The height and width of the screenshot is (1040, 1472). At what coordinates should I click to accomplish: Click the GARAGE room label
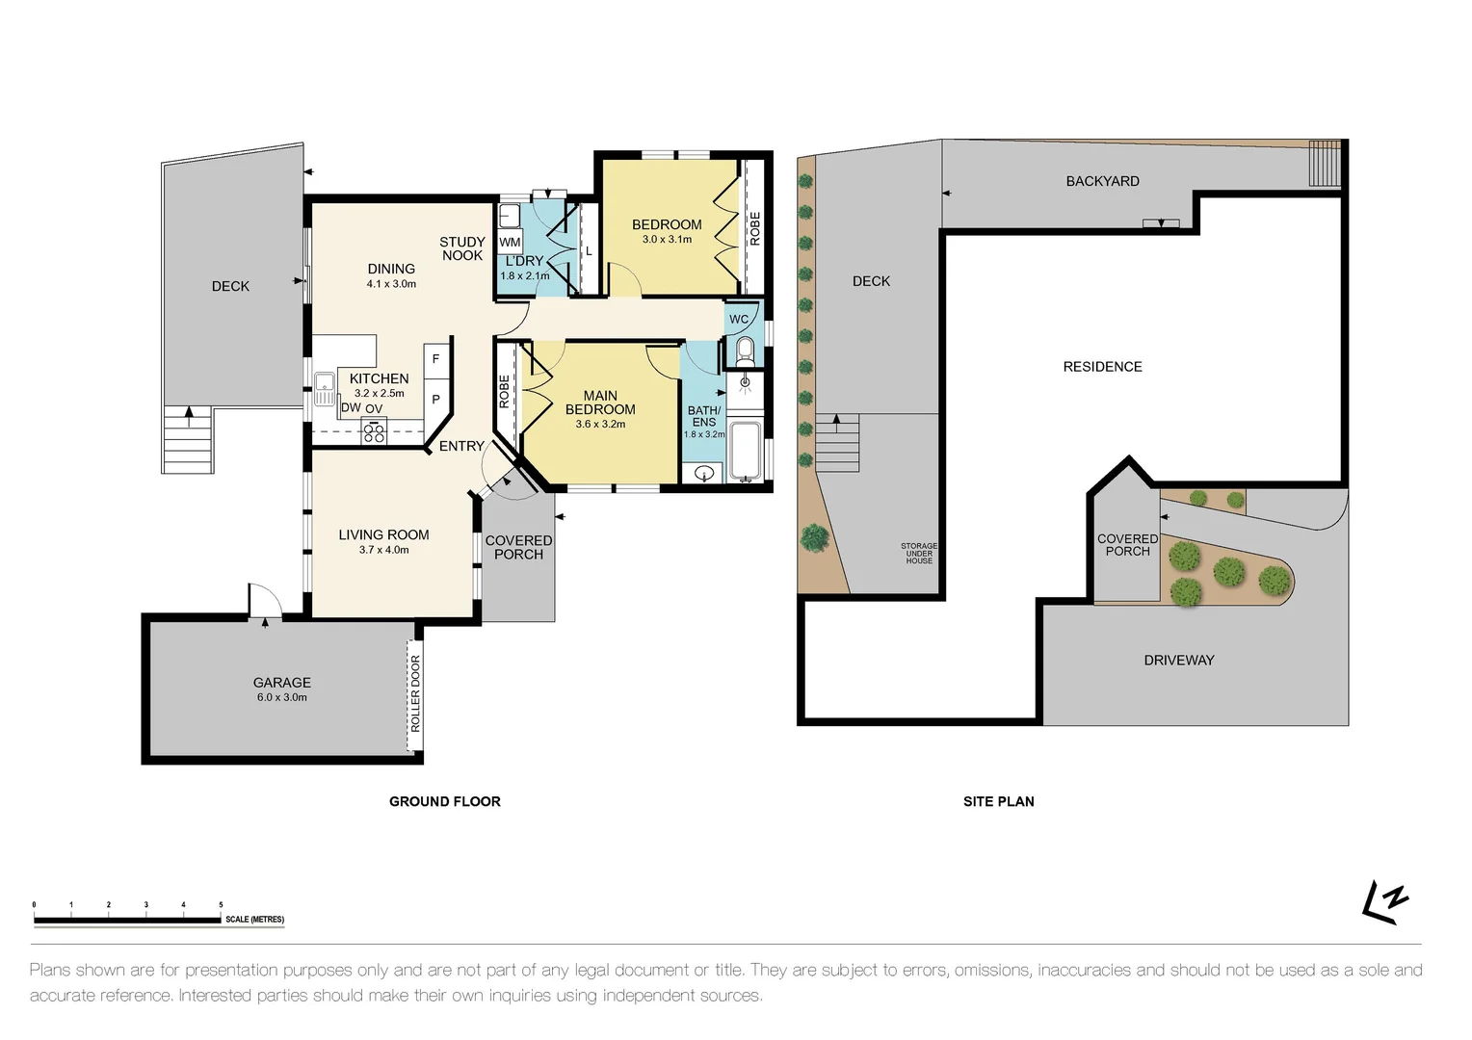click(x=281, y=683)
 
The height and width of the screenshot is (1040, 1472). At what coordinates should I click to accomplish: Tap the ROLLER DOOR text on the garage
click(x=416, y=693)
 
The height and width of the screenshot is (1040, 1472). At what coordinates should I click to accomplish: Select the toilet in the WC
click(x=744, y=351)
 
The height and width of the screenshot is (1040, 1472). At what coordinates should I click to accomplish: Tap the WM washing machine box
click(x=510, y=242)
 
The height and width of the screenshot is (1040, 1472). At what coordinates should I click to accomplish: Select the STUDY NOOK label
click(x=462, y=248)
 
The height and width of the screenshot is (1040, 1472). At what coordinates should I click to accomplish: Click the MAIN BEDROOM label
click(x=600, y=403)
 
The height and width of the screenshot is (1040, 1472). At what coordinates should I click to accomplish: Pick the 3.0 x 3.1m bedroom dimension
click(x=667, y=240)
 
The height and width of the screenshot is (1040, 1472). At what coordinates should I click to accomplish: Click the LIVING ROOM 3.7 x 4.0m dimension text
click(x=383, y=550)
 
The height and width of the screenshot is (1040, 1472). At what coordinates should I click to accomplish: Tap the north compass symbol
click(x=1385, y=903)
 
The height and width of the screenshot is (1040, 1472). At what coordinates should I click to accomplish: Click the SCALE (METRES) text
click(x=254, y=920)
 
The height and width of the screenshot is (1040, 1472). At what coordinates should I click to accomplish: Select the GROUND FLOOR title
click(x=444, y=801)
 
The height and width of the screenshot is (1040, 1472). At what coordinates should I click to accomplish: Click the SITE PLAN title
click(x=998, y=801)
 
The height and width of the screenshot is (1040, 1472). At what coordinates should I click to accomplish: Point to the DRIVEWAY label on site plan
click(x=1178, y=661)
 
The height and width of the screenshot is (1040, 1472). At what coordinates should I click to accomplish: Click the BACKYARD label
click(x=1102, y=181)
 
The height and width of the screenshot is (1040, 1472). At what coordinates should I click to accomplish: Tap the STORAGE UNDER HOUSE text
click(x=918, y=553)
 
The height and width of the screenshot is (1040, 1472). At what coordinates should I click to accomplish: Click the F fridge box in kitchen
click(x=436, y=359)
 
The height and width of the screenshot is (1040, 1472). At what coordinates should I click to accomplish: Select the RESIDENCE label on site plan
click(x=1102, y=367)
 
